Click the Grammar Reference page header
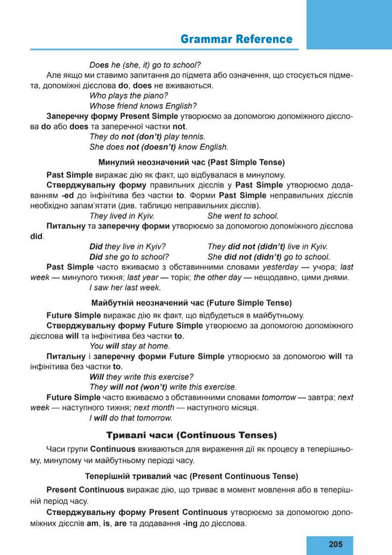[236, 39]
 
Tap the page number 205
[334, 544]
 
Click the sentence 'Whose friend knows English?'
[143, 106]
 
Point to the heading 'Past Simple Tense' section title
[192, 161]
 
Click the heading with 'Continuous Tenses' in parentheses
[192, 435]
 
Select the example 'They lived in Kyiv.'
[122, 216]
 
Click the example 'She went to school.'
[243, 216]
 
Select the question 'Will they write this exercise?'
[142, 376]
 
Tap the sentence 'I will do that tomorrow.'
[131, 418]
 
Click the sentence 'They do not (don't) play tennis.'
[147, 137]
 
